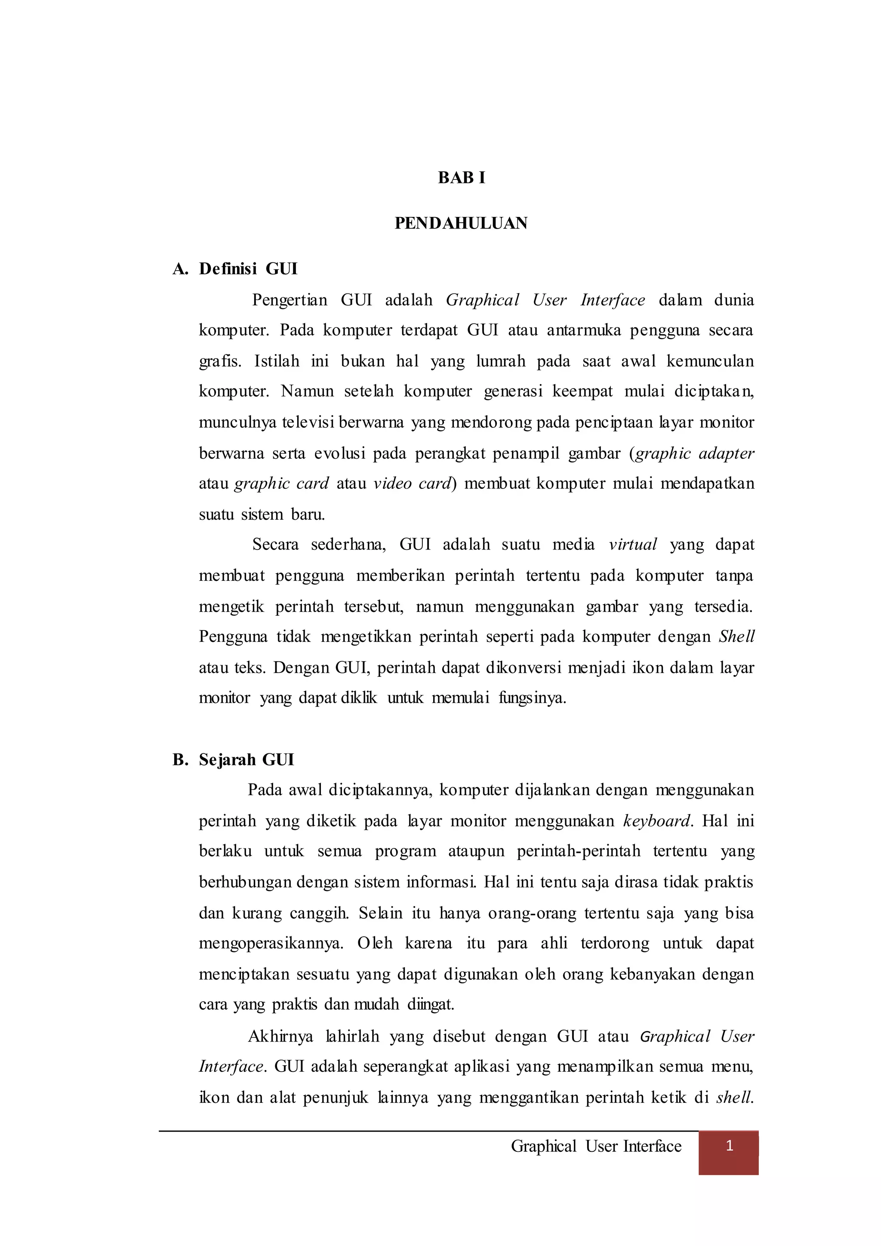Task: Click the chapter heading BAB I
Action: pos(461,178)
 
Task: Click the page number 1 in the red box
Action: pos(729,1146)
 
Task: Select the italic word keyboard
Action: pos(657,821)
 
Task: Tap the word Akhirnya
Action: pos(280,1036)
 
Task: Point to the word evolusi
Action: pos(339,453)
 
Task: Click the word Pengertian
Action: pos(290,300)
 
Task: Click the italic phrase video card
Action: pos(413,484)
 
